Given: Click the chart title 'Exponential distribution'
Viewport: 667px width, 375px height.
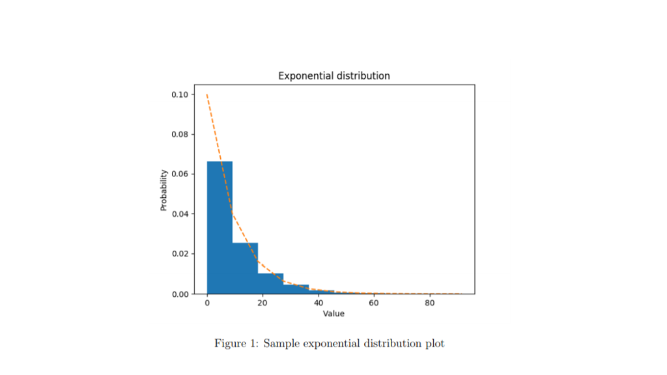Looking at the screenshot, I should pos(334,76).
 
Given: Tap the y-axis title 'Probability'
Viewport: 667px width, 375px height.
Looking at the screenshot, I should pos(164,190).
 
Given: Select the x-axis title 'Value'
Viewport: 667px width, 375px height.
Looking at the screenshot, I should pos(333,314).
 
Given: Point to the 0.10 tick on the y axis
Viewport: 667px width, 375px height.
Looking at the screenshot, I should pos(180,95).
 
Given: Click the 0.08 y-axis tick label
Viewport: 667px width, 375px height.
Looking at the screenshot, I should pos(180,135).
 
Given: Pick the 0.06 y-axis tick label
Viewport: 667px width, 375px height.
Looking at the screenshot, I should pos(180,174).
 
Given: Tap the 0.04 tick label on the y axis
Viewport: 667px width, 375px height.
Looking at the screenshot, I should pos(180,214).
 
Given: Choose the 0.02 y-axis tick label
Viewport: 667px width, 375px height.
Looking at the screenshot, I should pos(180,254).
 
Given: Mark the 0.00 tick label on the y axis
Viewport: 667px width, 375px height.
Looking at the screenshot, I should pos(180,294).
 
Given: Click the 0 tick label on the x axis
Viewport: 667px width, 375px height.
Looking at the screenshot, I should pos(207,303).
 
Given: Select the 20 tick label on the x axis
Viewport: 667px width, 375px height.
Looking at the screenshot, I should pos(263,303).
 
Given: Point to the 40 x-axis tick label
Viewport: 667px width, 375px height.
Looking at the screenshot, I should pos(318,303).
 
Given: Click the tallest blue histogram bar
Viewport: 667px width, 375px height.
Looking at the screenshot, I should pos(220,228).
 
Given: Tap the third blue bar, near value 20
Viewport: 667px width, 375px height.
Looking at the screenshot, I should pos(270,283).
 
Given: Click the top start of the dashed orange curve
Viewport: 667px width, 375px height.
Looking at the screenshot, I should pos(207,95).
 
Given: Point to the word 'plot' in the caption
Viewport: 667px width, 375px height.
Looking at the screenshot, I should pos(434,344).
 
